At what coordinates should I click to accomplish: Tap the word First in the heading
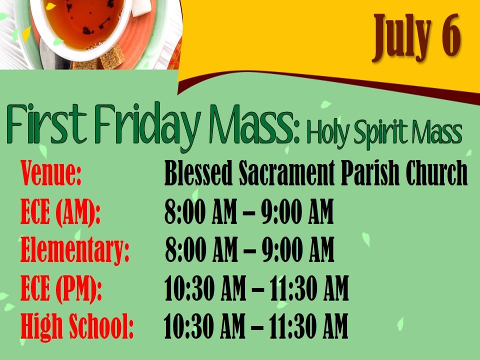[46, 123]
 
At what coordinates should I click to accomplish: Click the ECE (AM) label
[60, 212]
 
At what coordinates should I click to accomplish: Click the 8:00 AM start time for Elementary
[201, 250]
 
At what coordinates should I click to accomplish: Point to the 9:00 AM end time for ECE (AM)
[297, 211]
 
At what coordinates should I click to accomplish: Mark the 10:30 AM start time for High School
[204, 325]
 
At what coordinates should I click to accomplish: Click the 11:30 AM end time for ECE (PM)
[309, 288]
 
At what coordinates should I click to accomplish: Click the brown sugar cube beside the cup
[111, 58]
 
